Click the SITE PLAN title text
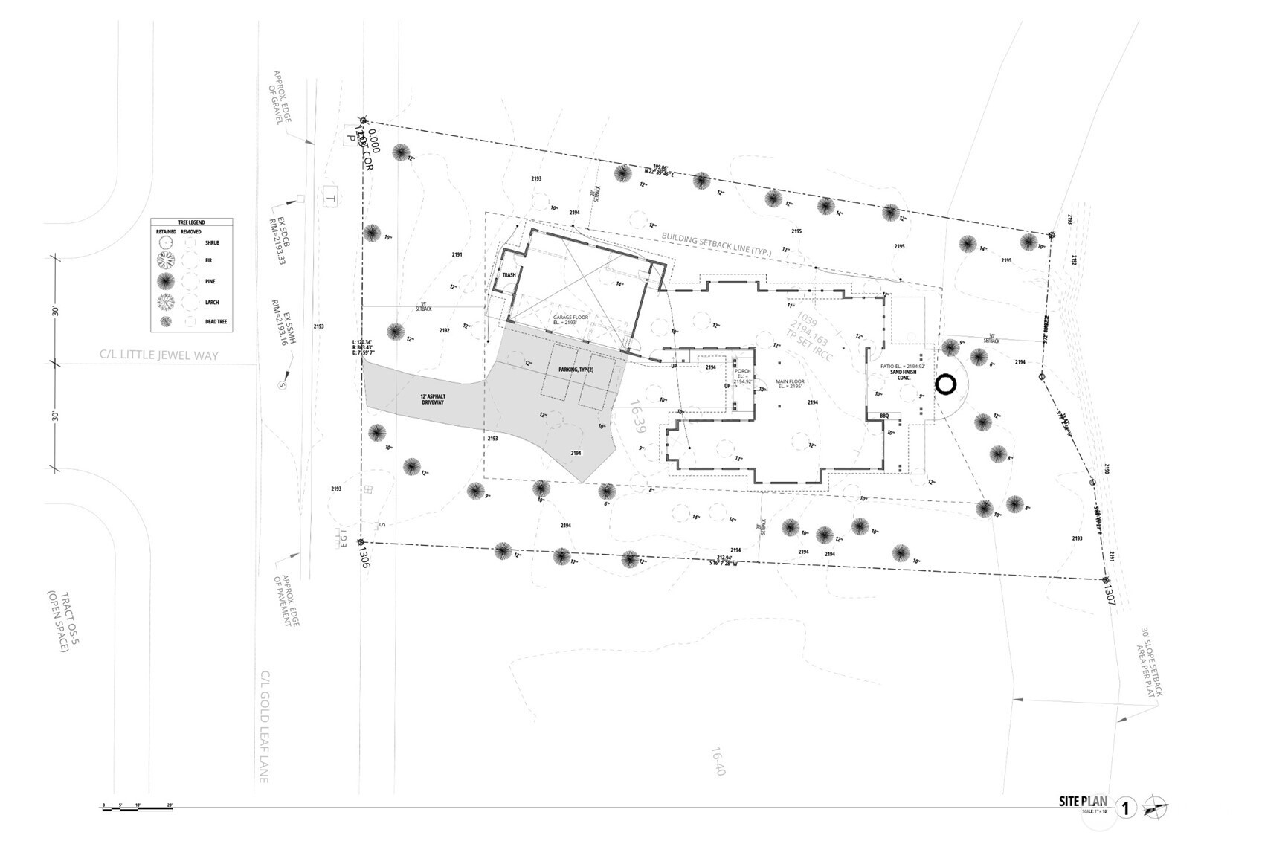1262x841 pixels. [1083, 802]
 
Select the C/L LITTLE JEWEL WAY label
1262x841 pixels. [159, 355]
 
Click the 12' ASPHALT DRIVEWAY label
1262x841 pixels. [431, 399]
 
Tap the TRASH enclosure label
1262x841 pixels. [509, 275]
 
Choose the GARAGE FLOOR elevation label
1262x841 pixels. [570, 320]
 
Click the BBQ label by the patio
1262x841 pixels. [884, 416]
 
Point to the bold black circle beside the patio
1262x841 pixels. [945, 384]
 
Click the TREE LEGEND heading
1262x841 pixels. [191, 222]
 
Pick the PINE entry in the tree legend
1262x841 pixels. [212, 282]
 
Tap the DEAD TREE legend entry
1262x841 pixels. [216, 322]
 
